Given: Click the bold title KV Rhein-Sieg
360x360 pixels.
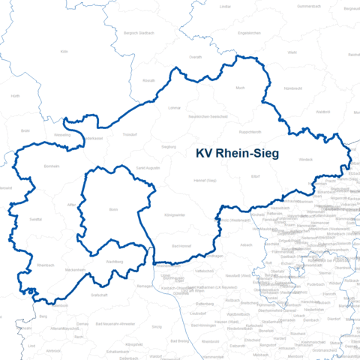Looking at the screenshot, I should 236,154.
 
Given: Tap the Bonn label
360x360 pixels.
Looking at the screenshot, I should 114,209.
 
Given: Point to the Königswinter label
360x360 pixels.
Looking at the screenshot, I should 175,214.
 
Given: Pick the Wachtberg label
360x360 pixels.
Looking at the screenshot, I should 115,260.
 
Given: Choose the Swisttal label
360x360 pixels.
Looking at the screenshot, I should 36,220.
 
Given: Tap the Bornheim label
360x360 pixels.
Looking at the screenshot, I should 52,166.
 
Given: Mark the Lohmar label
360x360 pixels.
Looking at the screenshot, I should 175,108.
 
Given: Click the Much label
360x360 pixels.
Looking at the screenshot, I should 240,88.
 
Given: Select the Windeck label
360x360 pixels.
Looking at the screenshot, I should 306,160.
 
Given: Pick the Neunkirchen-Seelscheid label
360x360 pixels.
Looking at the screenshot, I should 208,118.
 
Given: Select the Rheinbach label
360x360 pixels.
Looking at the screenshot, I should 46,264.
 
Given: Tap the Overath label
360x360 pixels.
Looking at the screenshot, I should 195,57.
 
